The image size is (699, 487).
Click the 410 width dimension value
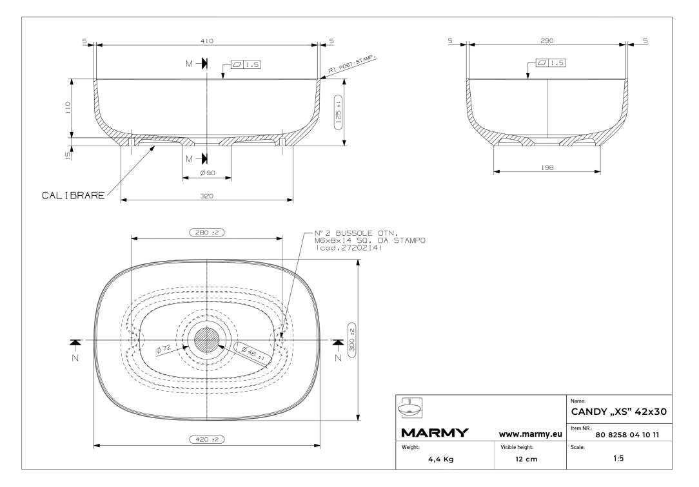pos(207,41)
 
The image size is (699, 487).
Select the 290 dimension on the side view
pos(547,41)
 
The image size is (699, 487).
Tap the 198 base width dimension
pos(547,167)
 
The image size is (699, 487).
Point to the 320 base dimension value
pos(207,195)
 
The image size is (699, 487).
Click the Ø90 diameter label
pos(207,173)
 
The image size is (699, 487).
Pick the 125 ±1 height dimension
pos(338,112)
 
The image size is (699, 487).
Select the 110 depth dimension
pos(68,108)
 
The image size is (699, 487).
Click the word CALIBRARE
pos(73,195)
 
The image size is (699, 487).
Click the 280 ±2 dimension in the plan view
pos(207,233)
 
